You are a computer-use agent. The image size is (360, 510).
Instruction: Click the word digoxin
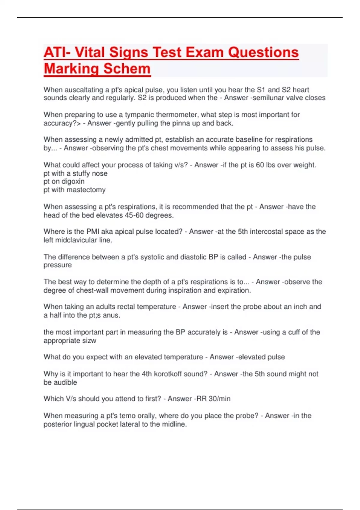pos(73,181)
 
